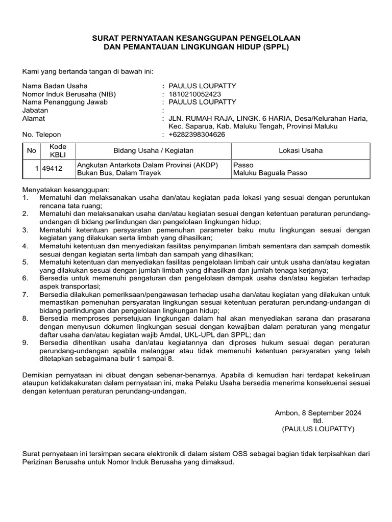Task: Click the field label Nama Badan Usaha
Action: (55, 86)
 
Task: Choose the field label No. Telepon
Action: (42, 135)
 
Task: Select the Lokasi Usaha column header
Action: (300, 150)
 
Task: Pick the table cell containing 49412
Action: (52, 169)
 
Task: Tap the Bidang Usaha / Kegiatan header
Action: (153, 150)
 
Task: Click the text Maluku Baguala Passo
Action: (270, 173)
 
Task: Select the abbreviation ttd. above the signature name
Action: (318, 421)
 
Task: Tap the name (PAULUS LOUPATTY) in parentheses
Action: (317, 429)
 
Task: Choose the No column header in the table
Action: (31, 150)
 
